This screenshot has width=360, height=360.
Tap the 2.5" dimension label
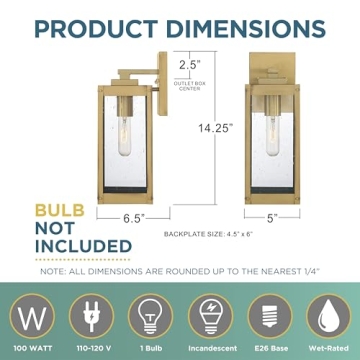tap(183, 66)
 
